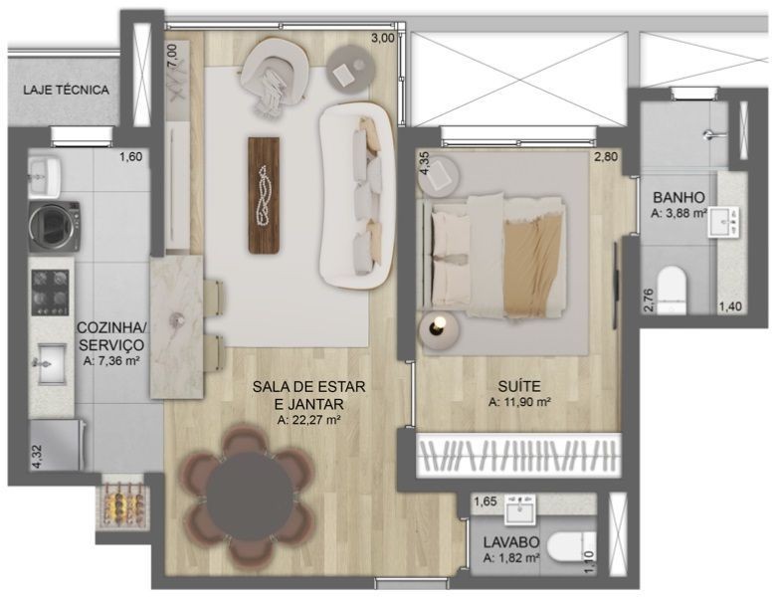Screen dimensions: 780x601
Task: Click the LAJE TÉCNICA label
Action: (66, 90)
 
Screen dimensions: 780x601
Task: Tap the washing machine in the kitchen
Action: (54, 226)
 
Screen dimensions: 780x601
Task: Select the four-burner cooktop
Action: (50, 293)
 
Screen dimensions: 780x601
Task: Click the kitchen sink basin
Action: (52, 364)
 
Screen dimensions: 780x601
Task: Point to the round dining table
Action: (250, 498)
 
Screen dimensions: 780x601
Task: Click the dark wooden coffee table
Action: (264, 195)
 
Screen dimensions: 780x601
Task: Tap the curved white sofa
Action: (356, 195)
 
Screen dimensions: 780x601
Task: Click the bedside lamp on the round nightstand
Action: (438, 324)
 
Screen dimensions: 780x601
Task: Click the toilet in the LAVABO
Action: (571, 547)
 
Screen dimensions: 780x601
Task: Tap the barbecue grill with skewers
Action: (123, 507)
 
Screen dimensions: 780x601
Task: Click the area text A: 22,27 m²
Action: (308, 420)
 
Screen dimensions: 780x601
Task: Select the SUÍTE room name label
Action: (519, 386)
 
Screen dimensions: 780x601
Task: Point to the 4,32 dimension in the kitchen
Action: (36, 458)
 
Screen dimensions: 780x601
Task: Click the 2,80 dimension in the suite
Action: (606, 157)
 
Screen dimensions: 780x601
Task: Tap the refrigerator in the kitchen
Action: (56, 445)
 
